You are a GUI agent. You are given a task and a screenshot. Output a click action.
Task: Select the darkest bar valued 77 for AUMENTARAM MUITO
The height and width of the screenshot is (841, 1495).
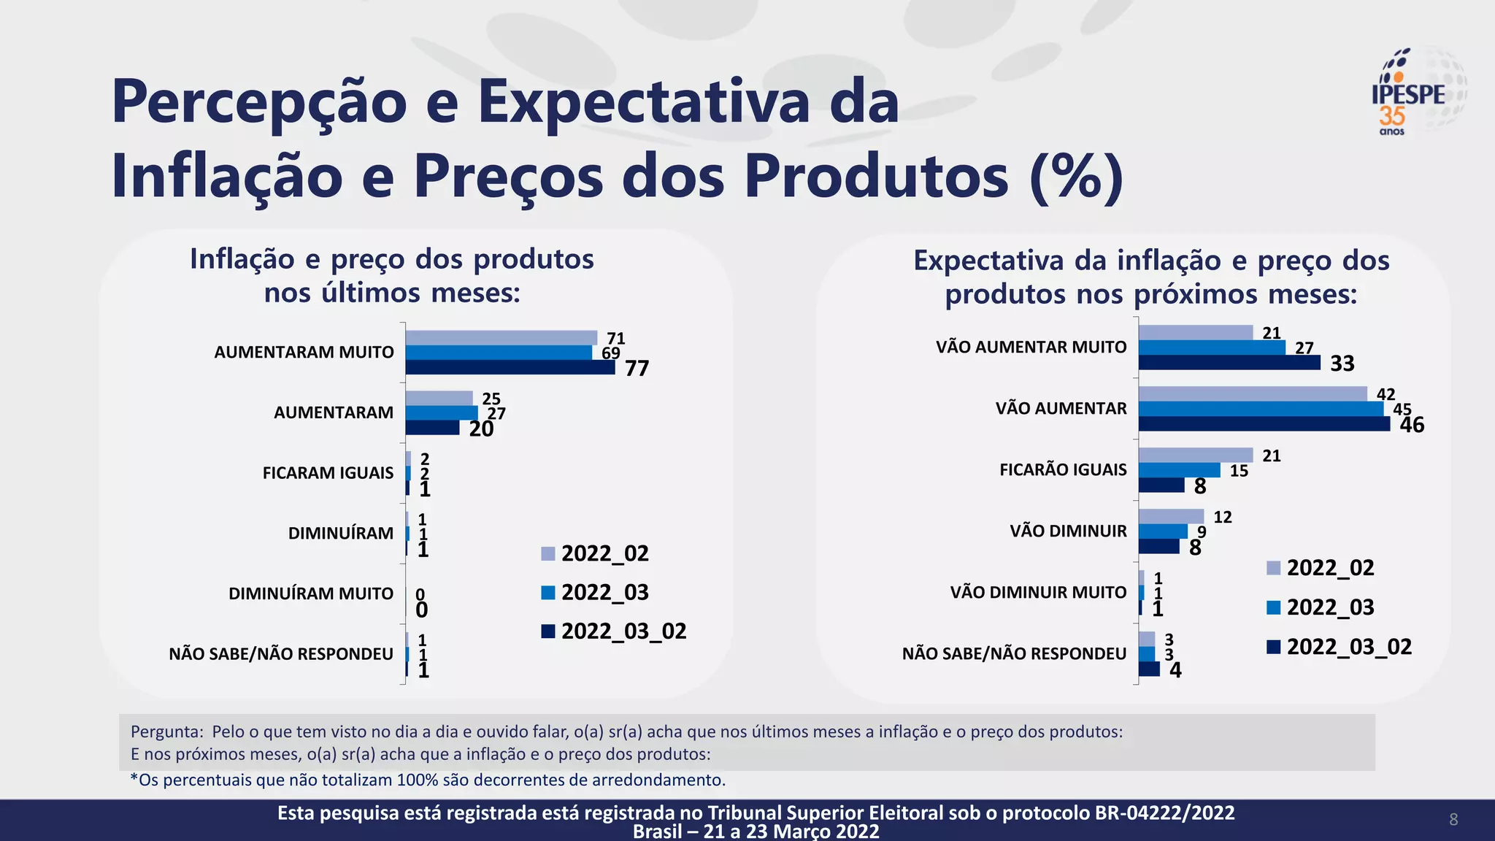[x=510, y=367]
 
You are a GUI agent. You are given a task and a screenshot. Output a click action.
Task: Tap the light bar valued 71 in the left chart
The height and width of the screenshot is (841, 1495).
[x=501, y=337]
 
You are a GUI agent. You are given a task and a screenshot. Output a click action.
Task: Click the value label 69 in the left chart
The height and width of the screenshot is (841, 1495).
[x=611, y=353]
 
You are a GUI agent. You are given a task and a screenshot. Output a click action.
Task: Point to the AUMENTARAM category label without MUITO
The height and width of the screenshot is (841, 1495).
[x=334, y=412]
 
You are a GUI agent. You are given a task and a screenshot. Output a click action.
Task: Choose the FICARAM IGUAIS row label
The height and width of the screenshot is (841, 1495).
[x=328, y=473]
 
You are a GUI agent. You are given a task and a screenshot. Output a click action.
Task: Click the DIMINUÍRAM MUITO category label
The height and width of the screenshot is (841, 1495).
[x=311, y=594]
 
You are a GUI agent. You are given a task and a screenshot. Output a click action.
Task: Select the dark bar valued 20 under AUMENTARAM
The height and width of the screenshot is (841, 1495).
[x=432, y=427]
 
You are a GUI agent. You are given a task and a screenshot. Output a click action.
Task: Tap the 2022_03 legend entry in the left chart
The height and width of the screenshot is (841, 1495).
[x=595, y=592]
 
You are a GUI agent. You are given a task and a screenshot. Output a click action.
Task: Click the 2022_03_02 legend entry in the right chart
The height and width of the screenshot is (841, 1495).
[x=1339, y=647]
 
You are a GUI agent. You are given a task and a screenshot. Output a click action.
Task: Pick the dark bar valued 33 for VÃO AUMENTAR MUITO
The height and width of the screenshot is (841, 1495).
[x=1229, y=363]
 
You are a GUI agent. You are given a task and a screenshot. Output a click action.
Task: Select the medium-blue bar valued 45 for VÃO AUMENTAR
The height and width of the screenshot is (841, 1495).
[x=1261, y=409]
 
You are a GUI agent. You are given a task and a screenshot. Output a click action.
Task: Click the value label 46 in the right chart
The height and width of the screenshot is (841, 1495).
[x=1412, y=425]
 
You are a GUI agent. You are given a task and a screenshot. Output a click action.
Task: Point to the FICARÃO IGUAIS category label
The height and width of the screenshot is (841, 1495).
[x=1063, y=470]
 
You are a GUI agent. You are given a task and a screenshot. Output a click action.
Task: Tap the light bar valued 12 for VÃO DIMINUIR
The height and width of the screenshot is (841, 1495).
[x=1171, y=516]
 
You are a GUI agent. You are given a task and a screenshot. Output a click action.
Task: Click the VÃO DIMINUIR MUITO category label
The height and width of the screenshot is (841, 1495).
[x=1038, y=592]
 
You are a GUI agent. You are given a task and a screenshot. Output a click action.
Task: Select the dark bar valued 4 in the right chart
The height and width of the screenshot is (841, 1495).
[x=1149, y=669]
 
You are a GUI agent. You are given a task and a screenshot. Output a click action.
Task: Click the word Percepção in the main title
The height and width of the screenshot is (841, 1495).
[x=259, y=102]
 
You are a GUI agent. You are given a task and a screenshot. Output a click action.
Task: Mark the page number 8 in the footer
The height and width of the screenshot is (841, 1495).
[x=1453, y=820]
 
